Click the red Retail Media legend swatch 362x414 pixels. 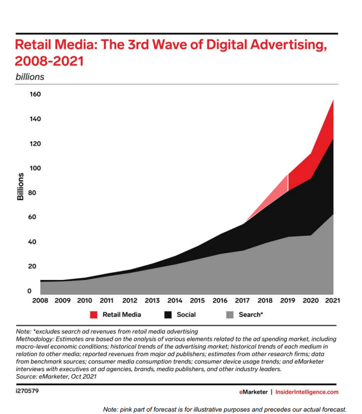93,314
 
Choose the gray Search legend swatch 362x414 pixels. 229,314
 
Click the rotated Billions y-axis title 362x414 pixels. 20,186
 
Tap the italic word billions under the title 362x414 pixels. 29,76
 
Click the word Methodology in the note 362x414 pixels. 36,338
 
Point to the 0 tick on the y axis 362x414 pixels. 38,291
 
